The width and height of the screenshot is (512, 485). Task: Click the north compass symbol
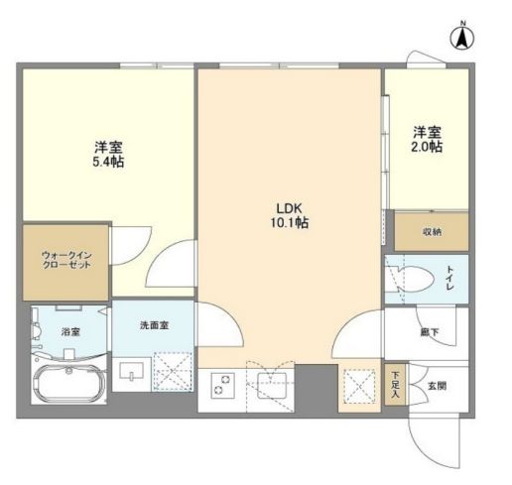click(x=461, y=38)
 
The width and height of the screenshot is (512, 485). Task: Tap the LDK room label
click(x=290, y=208)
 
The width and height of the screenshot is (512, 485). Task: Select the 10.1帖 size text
click(x=290, y=223)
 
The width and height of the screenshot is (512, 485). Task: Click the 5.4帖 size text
click(x=108, y=162)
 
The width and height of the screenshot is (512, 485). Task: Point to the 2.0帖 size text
click(x=427, y=147)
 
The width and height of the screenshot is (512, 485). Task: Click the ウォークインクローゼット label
click(x=66, y=260)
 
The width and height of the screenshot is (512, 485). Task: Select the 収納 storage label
click(x=432, y=232)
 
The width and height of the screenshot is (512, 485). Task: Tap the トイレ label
click(x=450, y=278)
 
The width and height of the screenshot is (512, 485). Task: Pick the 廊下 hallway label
click(x=430, y=332)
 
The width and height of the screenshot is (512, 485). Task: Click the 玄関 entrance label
click(x=437, y=386)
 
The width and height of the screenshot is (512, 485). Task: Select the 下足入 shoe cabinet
click(x=395, y=385)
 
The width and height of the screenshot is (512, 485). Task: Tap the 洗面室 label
click(x=154, y=325)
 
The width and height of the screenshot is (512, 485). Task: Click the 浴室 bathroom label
click(x=70, y=331)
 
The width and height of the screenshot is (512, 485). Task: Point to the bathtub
click(x=69, y=384)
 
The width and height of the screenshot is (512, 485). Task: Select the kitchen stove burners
click(x=222, y=385)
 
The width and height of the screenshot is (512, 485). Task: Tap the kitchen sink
click(x=272, y=385)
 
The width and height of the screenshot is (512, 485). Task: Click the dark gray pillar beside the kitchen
click(x=316, y=389)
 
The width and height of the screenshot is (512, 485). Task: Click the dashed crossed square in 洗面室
click(x=173, y=372)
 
